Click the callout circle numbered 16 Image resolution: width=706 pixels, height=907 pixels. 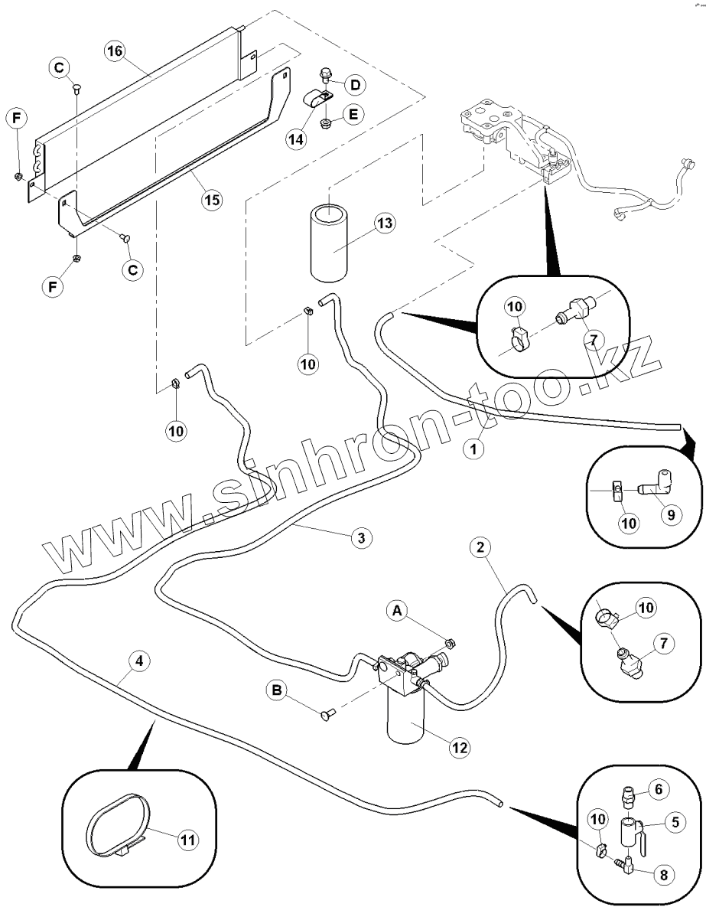pyautogui.click(x=115, y=51)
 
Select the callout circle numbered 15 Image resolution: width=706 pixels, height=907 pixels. pyautogui.click(x=211, y=200)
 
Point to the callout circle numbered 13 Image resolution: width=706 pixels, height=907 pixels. pyautogui.click(x=384, y=223)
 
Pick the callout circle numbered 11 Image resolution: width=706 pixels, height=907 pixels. pyautogui.click(x=187, y=839)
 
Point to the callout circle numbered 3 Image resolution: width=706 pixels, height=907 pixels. pyautogui.click(x=361, y=538)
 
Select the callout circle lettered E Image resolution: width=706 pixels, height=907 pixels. pyautogui.click(x=353, y=113)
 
